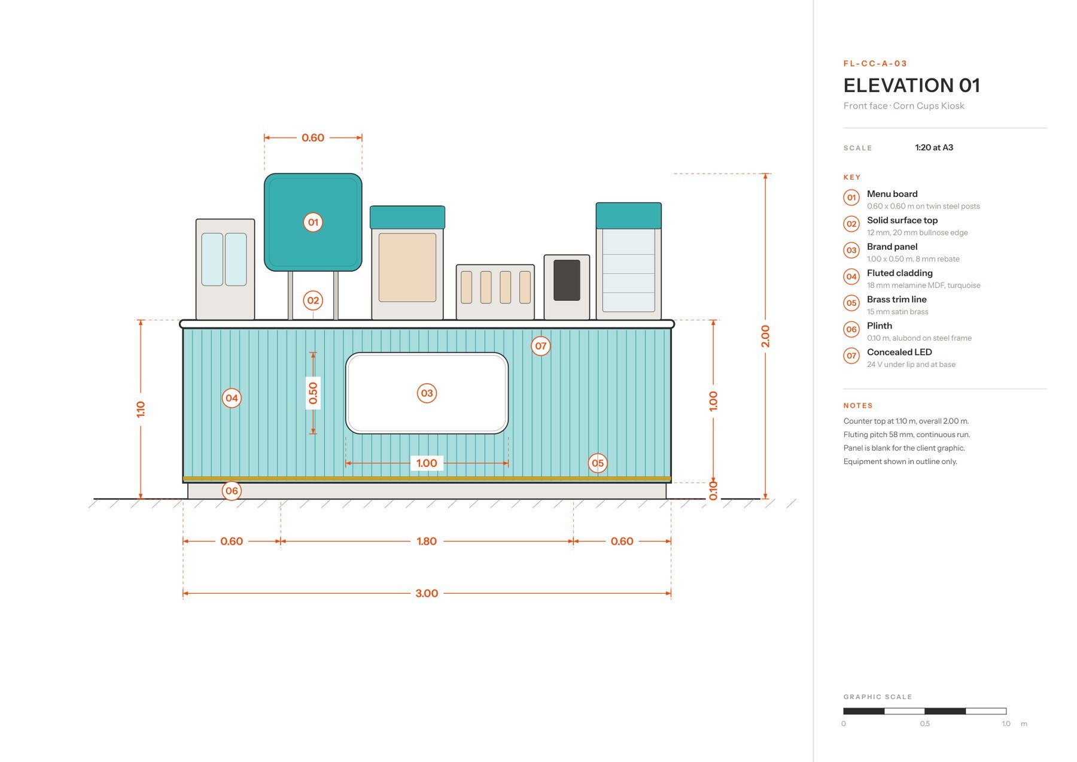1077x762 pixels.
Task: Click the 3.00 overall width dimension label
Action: [427, 593]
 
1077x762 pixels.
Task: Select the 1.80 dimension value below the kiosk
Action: [427, 541]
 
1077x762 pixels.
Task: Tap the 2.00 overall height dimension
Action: [765, 336]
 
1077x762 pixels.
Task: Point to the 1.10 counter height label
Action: [141, 409]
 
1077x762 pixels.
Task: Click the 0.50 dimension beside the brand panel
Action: [313, 393]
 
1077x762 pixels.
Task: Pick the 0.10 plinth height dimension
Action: [713, 490]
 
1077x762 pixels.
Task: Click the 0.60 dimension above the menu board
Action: [313, 138]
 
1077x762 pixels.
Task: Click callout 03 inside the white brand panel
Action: [427, 393]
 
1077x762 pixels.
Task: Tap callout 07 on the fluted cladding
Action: [541, 346]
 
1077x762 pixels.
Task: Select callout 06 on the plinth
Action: [232, 491]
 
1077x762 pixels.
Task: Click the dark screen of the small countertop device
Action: [567, 280]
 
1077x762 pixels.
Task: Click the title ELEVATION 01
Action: [911, 86]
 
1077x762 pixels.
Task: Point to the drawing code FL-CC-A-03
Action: [875, 63]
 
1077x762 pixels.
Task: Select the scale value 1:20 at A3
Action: [934, 147]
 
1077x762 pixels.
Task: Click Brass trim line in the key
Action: [896, 299]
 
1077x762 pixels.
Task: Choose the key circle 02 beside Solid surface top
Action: [851, 224]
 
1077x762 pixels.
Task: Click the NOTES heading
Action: [858, 406]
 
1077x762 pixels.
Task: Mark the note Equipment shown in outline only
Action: [900, 462]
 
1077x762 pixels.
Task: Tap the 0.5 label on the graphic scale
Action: [925, 724]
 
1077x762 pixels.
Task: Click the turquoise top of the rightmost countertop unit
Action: [628, 215]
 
